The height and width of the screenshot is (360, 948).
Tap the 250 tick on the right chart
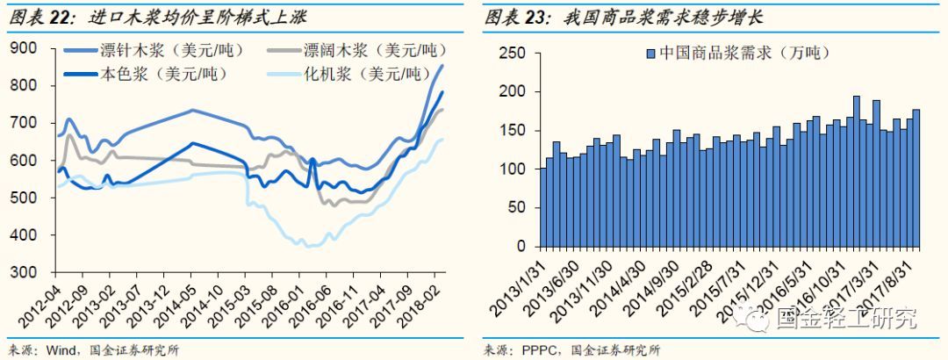(512, 54)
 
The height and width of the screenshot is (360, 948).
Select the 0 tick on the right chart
(521, 247)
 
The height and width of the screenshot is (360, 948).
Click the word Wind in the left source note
(58, 349)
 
